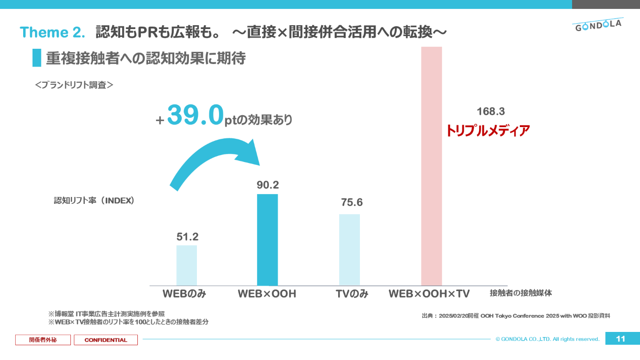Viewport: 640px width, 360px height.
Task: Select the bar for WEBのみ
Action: point(187,265)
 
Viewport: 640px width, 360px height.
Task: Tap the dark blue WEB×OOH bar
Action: point(267,239)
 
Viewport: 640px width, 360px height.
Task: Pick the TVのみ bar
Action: point(350,249)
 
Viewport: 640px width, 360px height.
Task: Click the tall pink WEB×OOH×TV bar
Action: point(431,166)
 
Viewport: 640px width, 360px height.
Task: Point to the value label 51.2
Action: point(187,237)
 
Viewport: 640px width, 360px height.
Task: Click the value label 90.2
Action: point(268,185)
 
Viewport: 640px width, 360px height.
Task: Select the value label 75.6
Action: point(352,202)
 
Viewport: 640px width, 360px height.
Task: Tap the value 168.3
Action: point(491,112)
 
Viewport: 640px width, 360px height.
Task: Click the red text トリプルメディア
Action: point(488,131)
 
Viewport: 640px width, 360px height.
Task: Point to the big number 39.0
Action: point(195,115)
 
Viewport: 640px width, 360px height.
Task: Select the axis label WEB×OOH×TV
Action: point(429,294)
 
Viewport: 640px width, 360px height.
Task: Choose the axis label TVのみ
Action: point(352,294)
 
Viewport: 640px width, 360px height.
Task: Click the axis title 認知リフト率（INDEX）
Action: point(94,201)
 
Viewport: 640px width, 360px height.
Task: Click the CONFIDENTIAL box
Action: point(106,340)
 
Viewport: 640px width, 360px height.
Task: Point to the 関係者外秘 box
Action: point(43,340)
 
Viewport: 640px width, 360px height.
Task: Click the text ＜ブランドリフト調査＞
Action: point(74,85)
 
